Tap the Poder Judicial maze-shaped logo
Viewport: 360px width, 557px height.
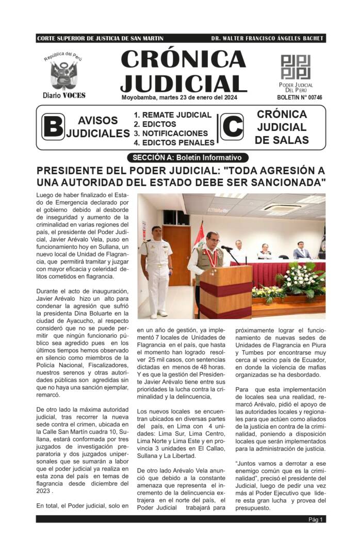[296, 67]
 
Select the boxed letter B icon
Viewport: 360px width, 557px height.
[53, 127]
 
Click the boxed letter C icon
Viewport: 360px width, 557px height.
[232, 127]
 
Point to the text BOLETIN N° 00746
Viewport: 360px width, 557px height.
[299, 97]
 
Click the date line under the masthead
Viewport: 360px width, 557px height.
[179, 97]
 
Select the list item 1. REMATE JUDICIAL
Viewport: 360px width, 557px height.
[172, 115]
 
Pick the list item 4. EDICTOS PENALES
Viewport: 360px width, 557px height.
[174, 142]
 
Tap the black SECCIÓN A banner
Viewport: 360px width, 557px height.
[187, 158]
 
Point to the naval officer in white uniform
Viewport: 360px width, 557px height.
[156, 268]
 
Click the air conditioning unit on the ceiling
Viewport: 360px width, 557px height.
[283, 207]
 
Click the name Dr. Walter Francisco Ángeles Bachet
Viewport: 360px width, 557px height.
[267, 39]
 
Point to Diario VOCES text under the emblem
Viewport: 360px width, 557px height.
[64, 95]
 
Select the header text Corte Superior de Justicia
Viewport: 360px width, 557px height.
[100, 39]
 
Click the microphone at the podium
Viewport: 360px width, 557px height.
[227, 250]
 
